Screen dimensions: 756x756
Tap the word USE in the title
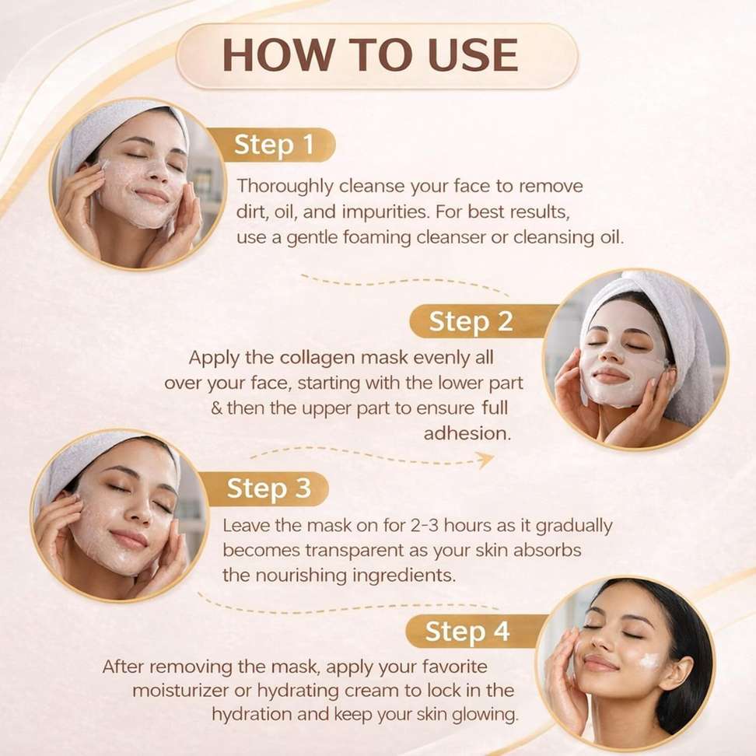[473, 54]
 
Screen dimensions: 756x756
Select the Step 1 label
[273, 145]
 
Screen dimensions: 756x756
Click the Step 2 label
[470, 321]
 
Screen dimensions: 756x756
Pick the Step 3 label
[268, 488]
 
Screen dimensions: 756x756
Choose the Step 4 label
[467, 631]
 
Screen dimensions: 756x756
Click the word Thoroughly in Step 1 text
[285, 187]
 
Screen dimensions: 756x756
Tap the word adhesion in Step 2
[467, 433]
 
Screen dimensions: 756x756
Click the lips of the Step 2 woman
[610, 374]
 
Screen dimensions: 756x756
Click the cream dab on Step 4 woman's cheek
[649, 660]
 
